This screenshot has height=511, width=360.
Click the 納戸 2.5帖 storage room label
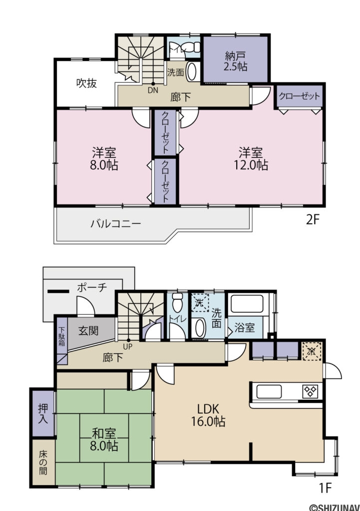(236, 61)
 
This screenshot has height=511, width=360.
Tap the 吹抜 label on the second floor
(86, 83)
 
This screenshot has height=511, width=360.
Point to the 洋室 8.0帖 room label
(104, 158)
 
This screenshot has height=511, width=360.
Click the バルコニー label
(115, 224)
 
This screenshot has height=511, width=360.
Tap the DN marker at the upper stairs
(153, 91)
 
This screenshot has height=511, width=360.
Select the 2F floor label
(312, 220)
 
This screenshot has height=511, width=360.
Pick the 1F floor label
(325, 486)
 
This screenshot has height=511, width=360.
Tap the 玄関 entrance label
(88, 330)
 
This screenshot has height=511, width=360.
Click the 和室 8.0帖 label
(104, 439)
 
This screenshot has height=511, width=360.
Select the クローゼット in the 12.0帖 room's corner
(299, 96)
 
